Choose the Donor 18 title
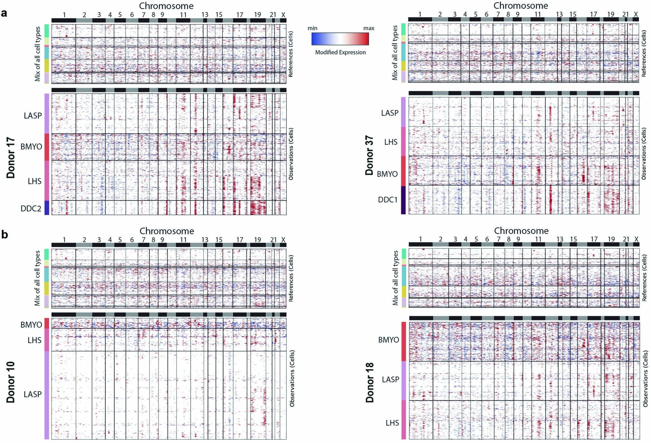click(x=370, y=382)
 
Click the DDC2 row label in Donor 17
click(x=31, y=208)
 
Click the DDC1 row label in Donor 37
click(x=388, y=200)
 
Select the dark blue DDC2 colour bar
click(x=47, y=208)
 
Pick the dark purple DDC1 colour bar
click(x=403, y=200)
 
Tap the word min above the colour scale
click(x=312, y=28)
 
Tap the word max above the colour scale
click(x=368, y=28)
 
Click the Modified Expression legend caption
click(x=340, y=52)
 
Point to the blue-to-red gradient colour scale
click(x=340, y=39)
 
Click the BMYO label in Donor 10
click(x=31, y=325)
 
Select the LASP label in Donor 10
click(x=32, y=394)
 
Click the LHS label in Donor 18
click(x=392, y=423)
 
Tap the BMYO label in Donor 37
click(x=387, y=174)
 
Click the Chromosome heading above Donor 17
click(x=166, y=6)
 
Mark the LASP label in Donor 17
click(x=33, y=115)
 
